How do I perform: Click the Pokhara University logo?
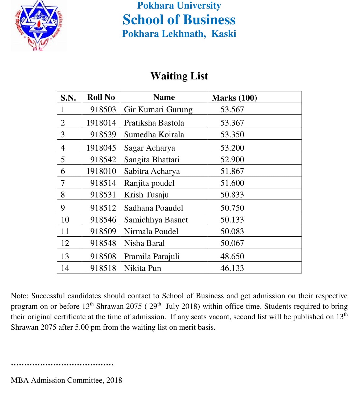(x=39, y=26)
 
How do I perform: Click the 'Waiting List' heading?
(x=179, y=76)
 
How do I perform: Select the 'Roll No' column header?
(x=101, y=97)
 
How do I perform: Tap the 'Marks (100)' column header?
(x=234, y=98)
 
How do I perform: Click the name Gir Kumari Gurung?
(x=158, y=110)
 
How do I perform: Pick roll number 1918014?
(x=101, y=123)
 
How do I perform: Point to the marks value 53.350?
(x=232, y=135)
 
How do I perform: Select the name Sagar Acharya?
(x=149, y=148)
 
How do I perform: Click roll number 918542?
(x=103, y=160)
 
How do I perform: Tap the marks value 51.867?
(x=232, y=171)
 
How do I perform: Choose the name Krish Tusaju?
(x=146, y=195)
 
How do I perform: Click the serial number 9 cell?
(x=63, y=208)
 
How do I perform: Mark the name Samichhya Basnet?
(x=156, y=220)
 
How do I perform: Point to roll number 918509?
(x=103, y=232)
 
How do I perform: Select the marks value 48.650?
(x=232, y=257)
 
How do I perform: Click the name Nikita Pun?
(x=142, y=268)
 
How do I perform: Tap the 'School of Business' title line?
(x=179, y=20)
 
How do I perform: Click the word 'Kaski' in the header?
(x=224, y=34)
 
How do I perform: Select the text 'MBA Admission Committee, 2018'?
(x=66, y=380)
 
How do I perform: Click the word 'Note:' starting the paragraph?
(x=19, y=296)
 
